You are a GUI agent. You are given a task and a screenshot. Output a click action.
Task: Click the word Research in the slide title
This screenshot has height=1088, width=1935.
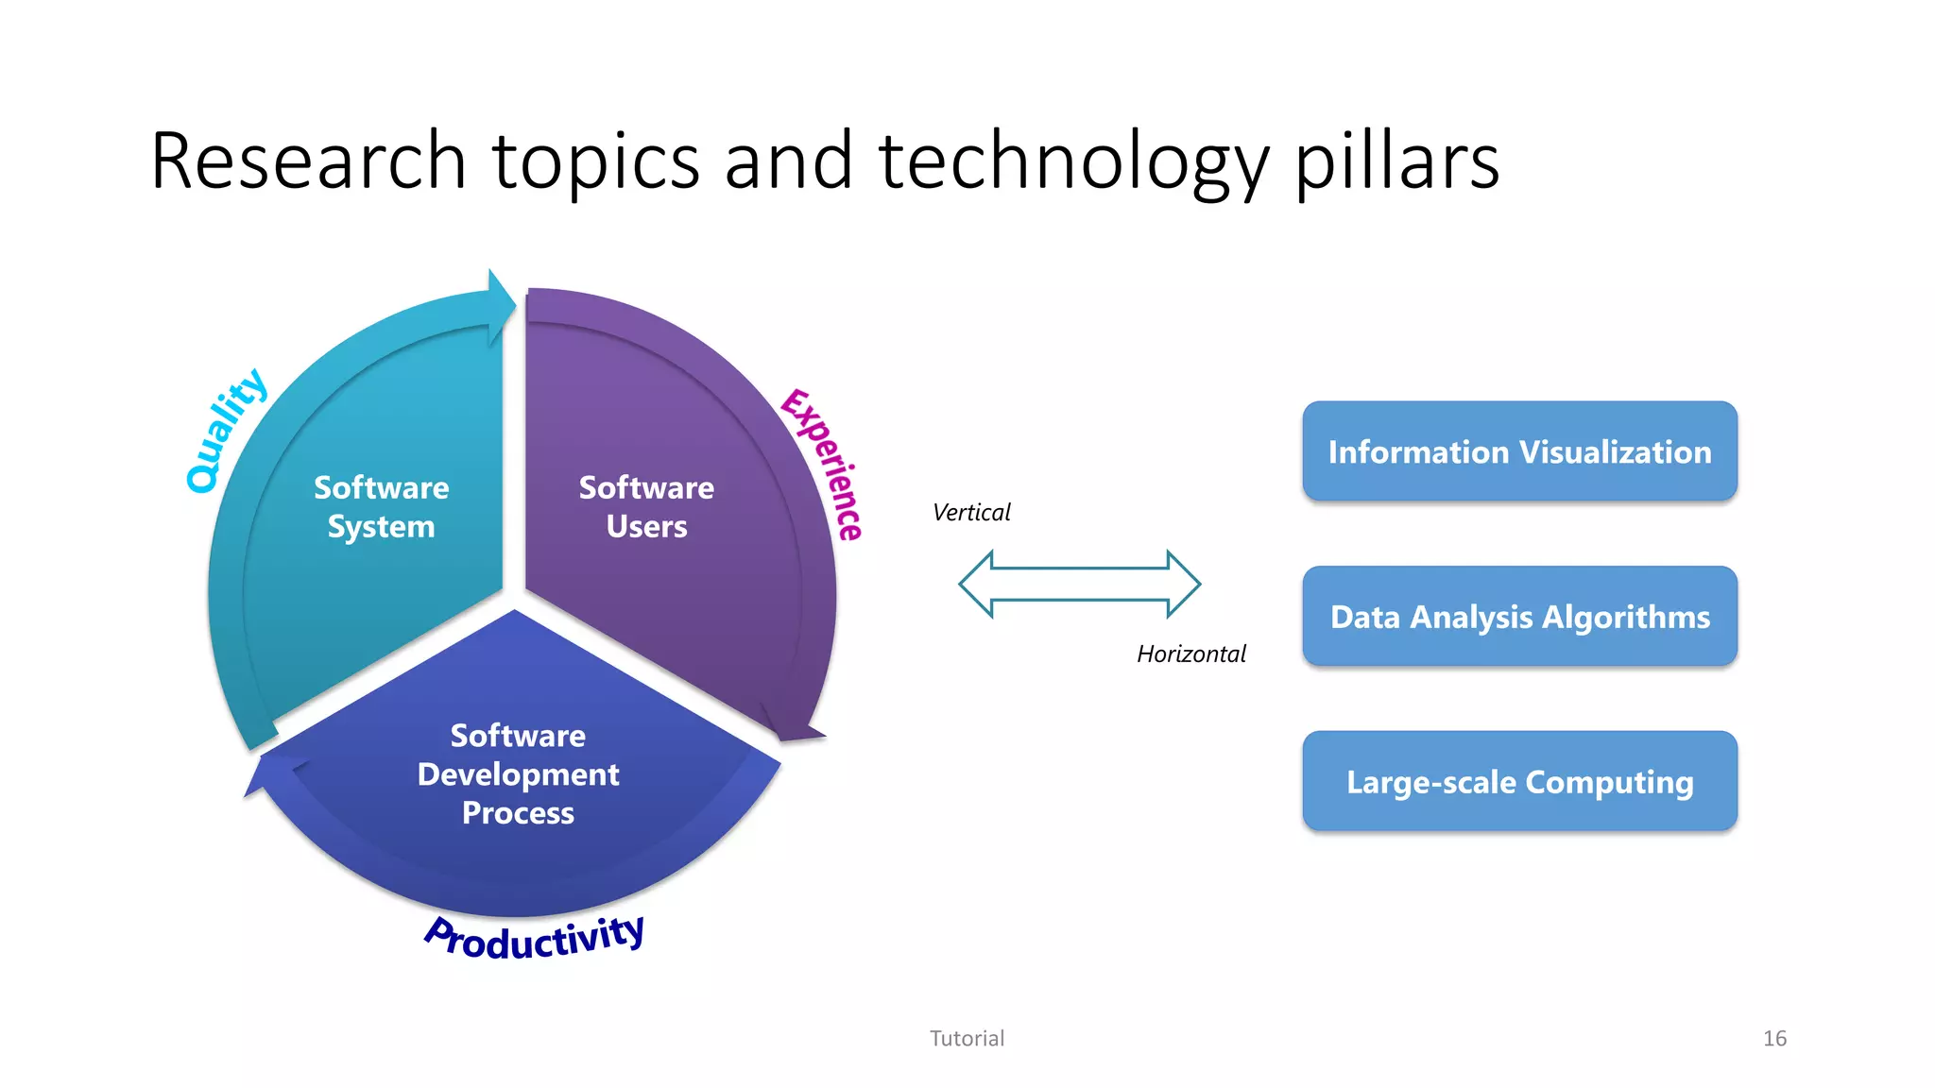coord(308,161)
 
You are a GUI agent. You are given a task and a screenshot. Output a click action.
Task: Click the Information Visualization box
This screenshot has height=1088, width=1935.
coord(1519,451)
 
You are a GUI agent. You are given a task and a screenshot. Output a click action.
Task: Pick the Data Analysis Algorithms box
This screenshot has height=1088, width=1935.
coord(1519,617)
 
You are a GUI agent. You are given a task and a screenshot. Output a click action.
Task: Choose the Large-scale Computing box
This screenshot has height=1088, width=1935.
coord(1519,781)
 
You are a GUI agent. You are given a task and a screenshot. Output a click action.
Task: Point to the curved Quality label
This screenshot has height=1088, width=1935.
coord(226,431)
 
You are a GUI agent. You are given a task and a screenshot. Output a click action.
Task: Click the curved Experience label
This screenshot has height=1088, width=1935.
coord(823,464)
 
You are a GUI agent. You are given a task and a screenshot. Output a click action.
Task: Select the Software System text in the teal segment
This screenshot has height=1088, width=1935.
coord(381,507)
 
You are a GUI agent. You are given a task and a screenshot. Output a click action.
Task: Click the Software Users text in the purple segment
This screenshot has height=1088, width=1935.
coord(646,507)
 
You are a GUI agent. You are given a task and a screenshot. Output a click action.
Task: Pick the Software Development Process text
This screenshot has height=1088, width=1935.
coord(518,774)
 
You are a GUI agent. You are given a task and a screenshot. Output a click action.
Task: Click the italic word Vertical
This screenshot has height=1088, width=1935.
coord(970,513)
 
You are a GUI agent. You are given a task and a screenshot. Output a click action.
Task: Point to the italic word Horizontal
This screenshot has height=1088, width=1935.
coord(1190,654)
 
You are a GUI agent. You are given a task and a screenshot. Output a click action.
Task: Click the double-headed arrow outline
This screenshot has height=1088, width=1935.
coord(1079,585)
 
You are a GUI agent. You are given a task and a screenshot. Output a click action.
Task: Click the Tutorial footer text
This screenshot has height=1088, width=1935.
coord(967,1039)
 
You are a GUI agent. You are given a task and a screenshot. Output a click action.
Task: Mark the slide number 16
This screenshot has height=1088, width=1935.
coord(1774,1039)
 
